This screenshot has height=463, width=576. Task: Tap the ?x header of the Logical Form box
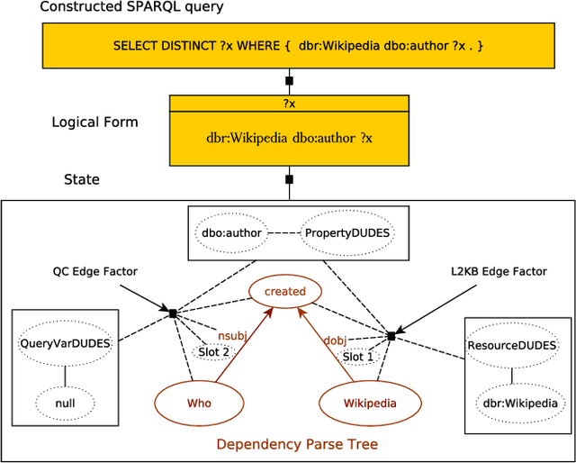[x=289, y=104]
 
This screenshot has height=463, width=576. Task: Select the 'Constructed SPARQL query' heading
[x=131, y=7]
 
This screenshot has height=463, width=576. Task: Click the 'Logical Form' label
[x=94, y=122]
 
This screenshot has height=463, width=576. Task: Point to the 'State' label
[x=81, y=179]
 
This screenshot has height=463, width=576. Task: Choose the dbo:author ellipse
[x=231, y=233]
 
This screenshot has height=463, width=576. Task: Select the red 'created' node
[x=285, y=291]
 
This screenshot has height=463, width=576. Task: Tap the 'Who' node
[x=199, y=403]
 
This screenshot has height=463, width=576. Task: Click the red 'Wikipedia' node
[x=370, y=403]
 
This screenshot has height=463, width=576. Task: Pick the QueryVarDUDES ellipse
[x=64, y=343]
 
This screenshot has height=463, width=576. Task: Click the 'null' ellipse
[x=64, y=403]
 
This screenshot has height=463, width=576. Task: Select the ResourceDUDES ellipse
[x=512, y=345]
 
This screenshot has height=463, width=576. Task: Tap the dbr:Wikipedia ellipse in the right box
[x=517, y=403]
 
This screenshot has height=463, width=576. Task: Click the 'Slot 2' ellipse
[x=213, y=351]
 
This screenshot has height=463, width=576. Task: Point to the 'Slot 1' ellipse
[x=357, y=357]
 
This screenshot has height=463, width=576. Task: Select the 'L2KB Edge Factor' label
[x=498, y=271]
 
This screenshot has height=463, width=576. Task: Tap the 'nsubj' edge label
[x=231, y=335]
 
